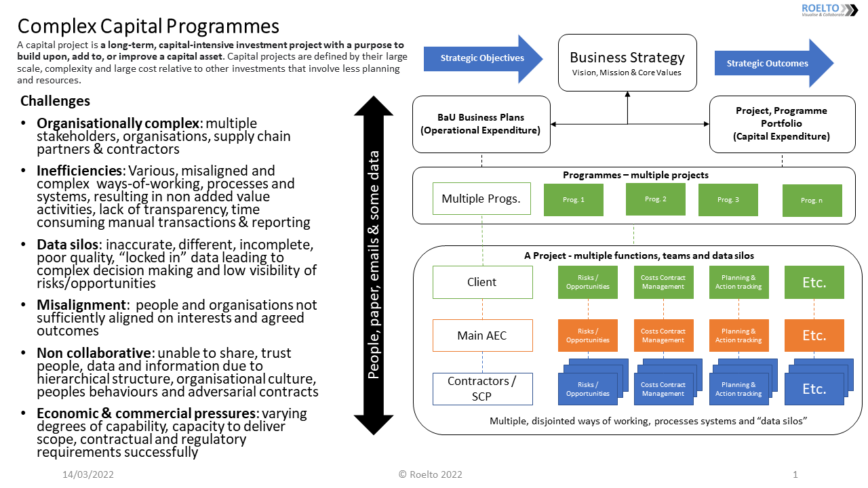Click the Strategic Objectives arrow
[481, 58]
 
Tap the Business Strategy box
[627, 62]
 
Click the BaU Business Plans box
[481, 123]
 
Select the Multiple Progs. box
[481, 199]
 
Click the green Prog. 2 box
[655, 199]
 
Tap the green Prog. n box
[812, 201]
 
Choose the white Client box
[482, 282]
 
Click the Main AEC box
[482, 335]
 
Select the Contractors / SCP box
[482, 388]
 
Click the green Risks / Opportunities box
[587, 282]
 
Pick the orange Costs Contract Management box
[663, 335]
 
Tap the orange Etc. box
[814, 335]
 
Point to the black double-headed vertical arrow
[374, 265]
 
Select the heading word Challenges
[55, 101]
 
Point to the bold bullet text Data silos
[68, 244]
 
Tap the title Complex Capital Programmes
[148, 26]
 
